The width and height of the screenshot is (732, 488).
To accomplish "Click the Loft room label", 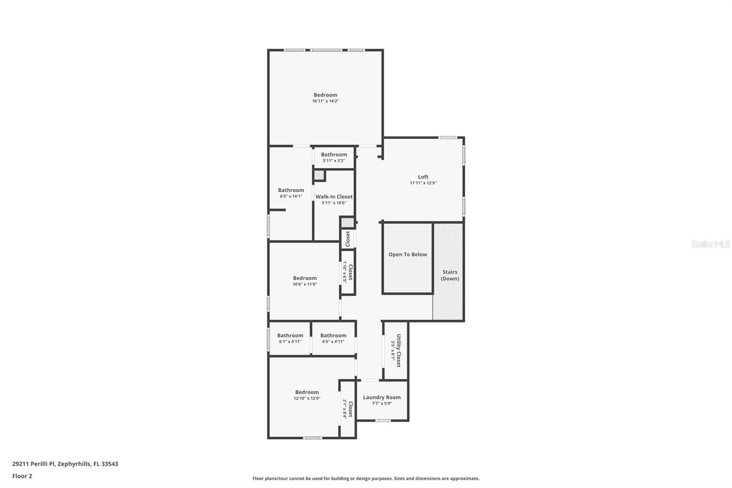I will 423,177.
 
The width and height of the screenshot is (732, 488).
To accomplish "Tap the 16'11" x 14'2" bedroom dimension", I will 325,101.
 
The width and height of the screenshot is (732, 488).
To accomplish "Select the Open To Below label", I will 408,255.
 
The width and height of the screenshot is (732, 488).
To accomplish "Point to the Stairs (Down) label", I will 450,275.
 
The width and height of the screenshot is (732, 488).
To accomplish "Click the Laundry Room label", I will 382,397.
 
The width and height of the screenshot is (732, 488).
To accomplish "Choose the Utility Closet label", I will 398,350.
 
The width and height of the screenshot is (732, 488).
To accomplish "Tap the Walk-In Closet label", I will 334,197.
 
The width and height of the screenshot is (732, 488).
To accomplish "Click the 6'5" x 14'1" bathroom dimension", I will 291,196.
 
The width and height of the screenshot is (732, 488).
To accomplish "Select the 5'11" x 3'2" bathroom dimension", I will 334,161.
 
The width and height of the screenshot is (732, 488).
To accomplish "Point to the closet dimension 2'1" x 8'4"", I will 345,409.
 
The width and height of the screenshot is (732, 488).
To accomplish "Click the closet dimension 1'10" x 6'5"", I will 345,272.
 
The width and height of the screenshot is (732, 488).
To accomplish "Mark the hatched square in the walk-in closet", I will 319,175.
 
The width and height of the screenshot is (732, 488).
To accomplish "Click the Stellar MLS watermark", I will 710,244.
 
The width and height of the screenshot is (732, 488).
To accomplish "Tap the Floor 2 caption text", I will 22,476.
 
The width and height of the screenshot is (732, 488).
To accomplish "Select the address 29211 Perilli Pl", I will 65,464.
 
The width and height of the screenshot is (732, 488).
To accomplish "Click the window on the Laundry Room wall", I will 383,420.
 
